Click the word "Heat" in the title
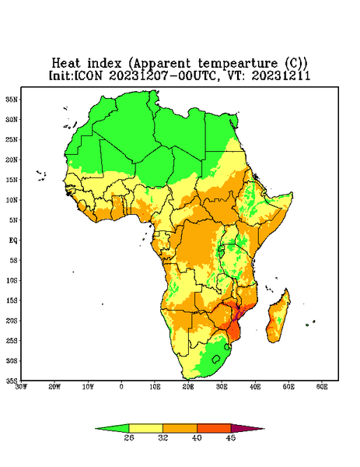pyautogui.click(x=66, y=64)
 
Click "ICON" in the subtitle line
pyautogui.click(x=89, y=75)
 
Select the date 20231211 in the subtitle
pyautogui.click(x=281, y=75)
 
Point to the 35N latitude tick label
pyautogui.click(x=12, y=99)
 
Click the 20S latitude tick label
pyautogui.click(x=12, y=321)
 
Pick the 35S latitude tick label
pyautogui.click(x=12, y=381)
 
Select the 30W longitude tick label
pyautogui.click(x=21, y=387)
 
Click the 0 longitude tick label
pyautogui.click(x=121, y=387)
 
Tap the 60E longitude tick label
pyautogui.click(x=322, y=387)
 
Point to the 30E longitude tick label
pyautogui.click(x=222, y=387)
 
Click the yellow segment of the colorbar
pyautogui.click(x=145, y=428)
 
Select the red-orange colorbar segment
pyautogui.click(x=214, y=428)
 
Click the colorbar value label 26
pyautogui.click(x=129, y=437)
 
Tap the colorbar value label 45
pyautogui.click(x=231, y=437)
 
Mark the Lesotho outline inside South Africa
pyautogui.click(x=216, y=359)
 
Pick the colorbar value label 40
pyautogui.click(x=197, y=437)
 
